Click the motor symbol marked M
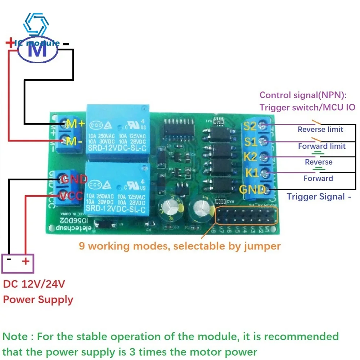click(38, 50)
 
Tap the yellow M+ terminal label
click(75, 124)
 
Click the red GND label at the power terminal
click(74, 179)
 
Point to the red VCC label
click(72, 196)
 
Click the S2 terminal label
click(250, 126)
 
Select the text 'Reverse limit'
click(320, 130)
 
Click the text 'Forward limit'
click(321, 146)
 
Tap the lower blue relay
click(117, 188)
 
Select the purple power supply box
click(18, 263)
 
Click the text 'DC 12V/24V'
click(34, 284)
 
